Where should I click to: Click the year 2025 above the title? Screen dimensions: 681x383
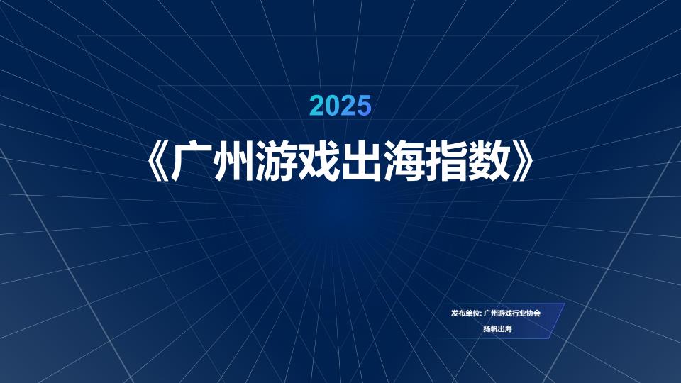pos(341,106)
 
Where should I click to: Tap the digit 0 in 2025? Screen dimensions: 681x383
pos(333,106)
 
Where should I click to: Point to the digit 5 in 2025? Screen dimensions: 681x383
pos(365,106)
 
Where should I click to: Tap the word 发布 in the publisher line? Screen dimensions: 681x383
pos(458,313)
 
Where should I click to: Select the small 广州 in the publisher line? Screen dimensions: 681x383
pos(491,313)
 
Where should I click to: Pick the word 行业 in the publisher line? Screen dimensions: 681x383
pos(519,313)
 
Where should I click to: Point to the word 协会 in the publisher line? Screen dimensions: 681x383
pos(533,313)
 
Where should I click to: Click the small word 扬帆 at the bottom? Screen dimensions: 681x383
pos(491,328)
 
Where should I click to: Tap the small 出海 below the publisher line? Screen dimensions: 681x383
pos(505,328)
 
